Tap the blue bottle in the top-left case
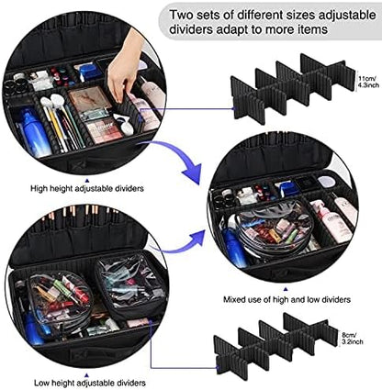click(x=28, y=124)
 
